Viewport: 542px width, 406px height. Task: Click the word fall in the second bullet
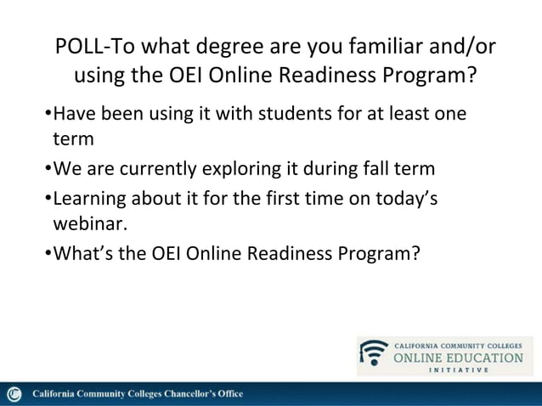(372, 168)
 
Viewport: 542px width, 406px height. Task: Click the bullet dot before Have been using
(48, 114)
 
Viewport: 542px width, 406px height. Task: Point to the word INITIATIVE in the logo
(459, 370)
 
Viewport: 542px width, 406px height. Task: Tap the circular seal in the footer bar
(14, 394)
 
